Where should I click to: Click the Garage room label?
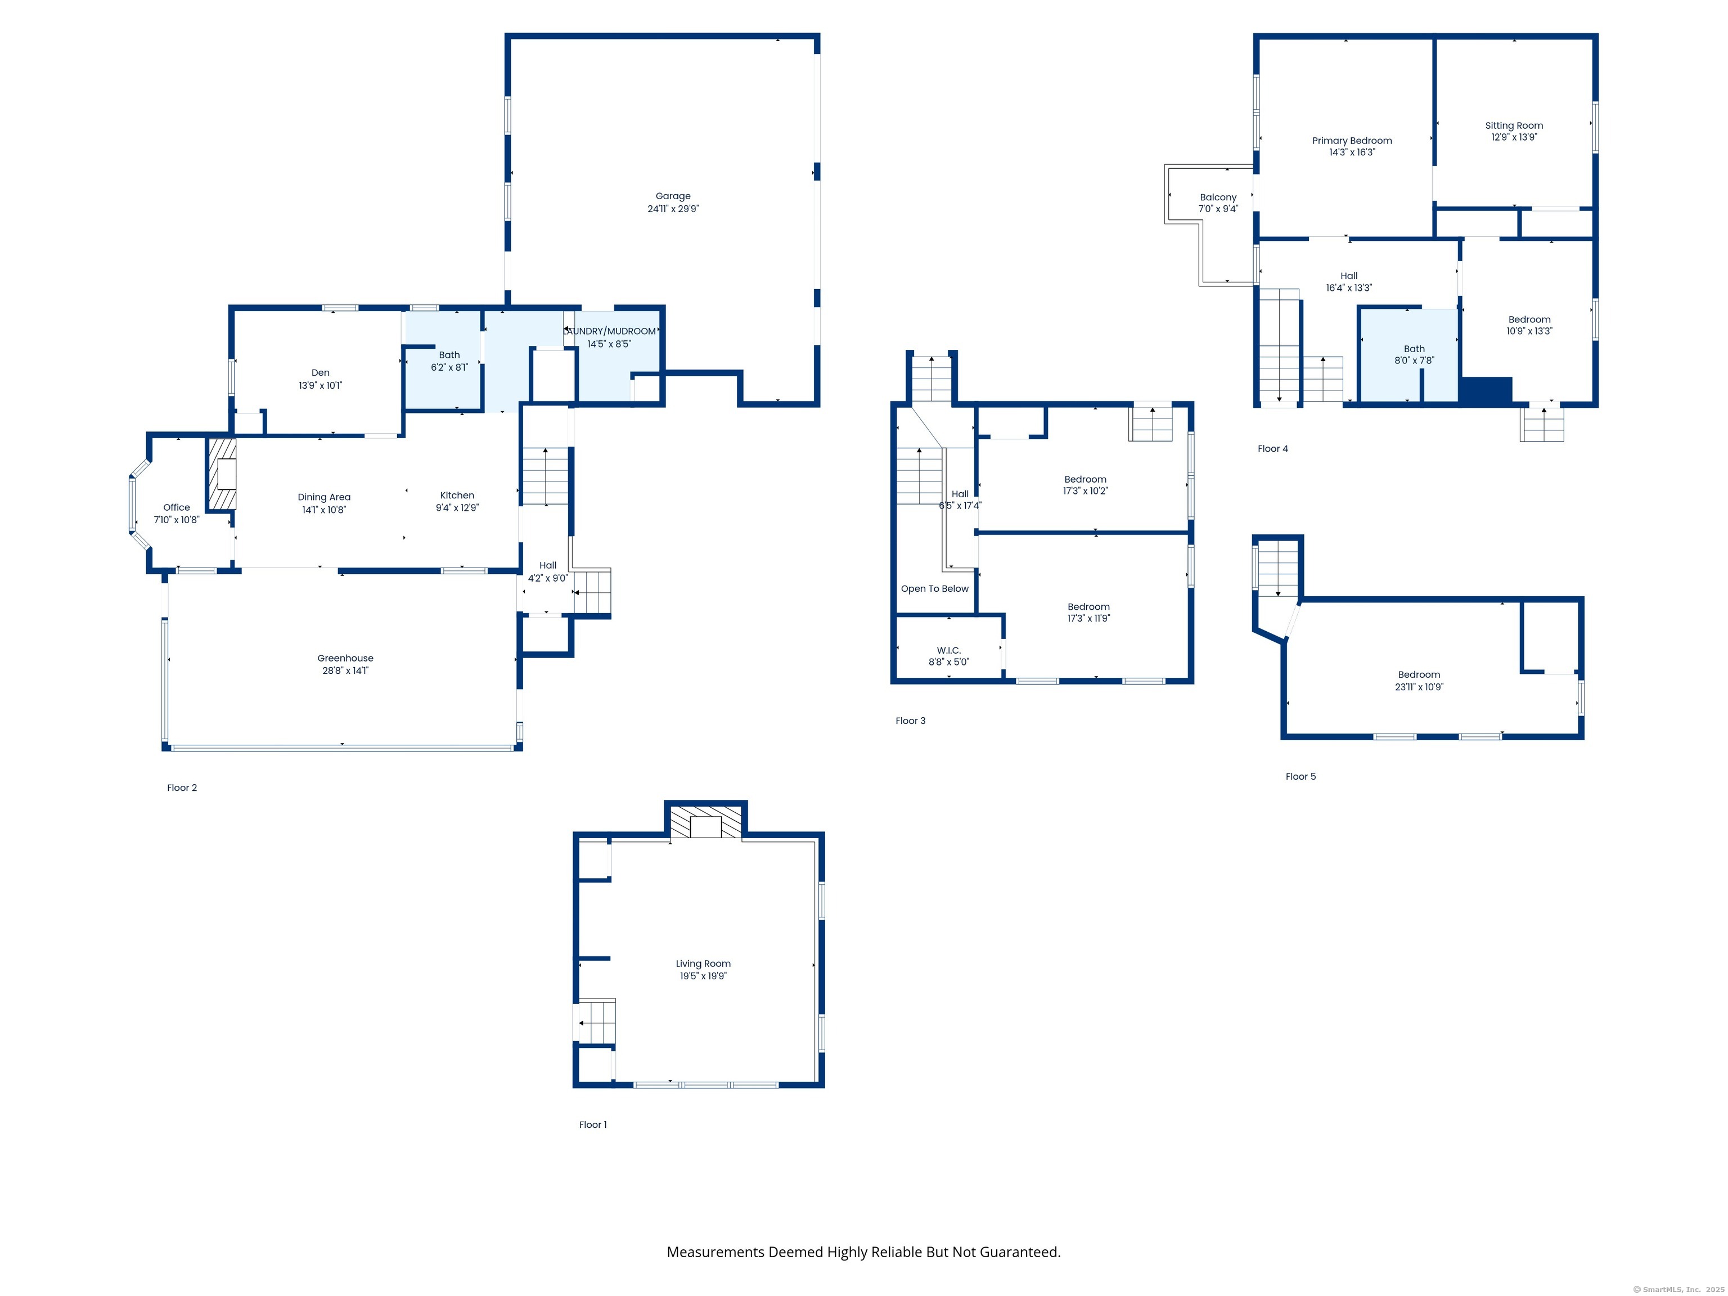[673, 197]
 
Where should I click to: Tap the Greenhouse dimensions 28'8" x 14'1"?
[345, 670]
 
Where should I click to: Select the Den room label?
[320, 372]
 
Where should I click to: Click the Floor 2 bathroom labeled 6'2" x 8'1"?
[449, 361]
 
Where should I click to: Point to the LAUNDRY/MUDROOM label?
[609, 331]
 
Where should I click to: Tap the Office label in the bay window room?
[177, 507]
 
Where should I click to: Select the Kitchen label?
[457, 495]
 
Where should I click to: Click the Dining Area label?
[323, 497]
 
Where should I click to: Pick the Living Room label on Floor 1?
[703, 963]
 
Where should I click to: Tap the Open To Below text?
[934, 588]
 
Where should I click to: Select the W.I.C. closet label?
[948, 650]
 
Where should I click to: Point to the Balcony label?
[1218, 197]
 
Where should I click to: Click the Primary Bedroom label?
[1352, 141]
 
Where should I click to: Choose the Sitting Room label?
[1513, 125]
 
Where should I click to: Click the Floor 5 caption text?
[1300, 776]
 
